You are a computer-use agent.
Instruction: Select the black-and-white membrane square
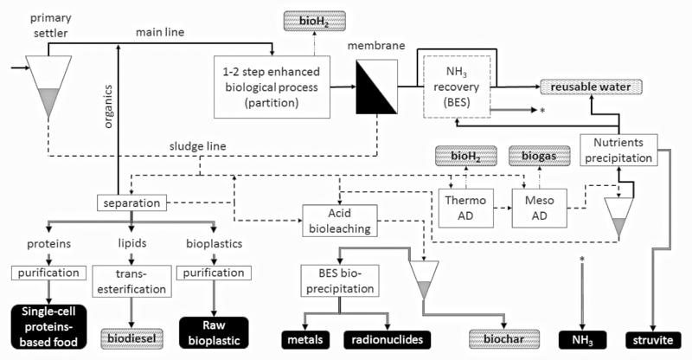(x=381, y=89)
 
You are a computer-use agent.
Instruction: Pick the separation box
(x=131, y=204)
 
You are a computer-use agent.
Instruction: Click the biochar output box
(x=499, y=339)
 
